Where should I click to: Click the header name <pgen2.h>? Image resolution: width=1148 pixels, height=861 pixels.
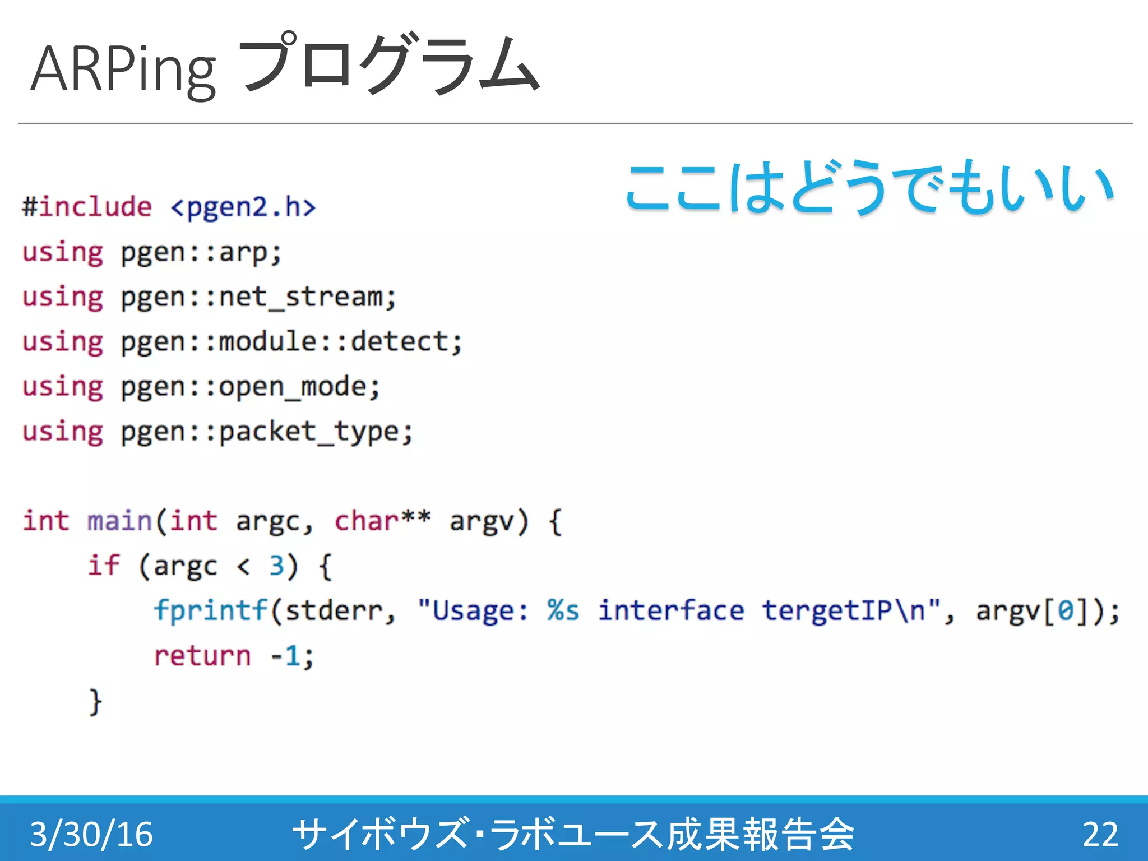point(243,207)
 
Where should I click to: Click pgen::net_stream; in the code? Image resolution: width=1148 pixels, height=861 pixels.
point(258,298)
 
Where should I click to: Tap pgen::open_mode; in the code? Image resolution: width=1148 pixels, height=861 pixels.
point(250,387)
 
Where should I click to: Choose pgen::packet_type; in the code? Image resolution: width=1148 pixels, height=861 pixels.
point(267,432)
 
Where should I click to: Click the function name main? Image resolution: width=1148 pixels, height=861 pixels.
point(119,521)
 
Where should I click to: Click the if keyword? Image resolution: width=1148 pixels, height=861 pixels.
point(104,566)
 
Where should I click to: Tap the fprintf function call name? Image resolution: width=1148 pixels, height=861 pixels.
point(211,611)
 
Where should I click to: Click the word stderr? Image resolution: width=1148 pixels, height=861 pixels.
point(334,611)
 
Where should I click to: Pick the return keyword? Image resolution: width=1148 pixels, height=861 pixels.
point(202,656)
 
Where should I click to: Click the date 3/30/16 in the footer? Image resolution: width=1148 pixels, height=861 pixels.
point(91,834)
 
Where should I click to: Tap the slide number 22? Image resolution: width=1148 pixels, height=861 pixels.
point(1100,834)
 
